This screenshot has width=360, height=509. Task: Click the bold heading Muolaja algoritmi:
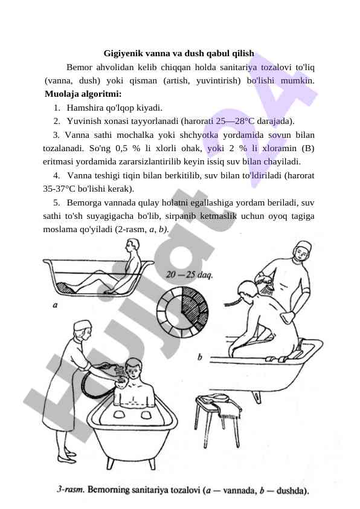(83, 94)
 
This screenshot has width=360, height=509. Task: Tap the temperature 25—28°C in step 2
(236, 121)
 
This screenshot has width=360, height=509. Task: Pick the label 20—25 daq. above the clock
(190, 274)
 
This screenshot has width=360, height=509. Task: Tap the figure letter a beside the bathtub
(55, 305)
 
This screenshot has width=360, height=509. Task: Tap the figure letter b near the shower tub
(200, 357)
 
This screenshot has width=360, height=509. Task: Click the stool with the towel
(219, 419)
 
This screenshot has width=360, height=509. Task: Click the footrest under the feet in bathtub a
(65, 288)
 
